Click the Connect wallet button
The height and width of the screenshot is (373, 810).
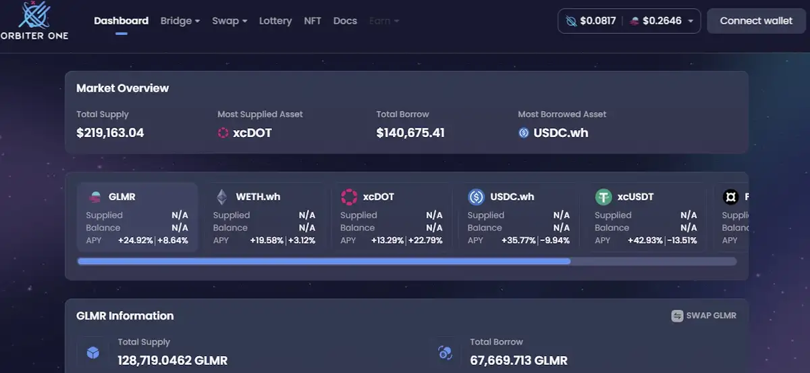[x=756, y=21]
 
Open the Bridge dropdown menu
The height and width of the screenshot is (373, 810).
[x=180, y=21]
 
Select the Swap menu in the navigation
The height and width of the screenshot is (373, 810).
[x=230, y=21]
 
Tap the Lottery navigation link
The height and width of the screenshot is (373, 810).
[x=275, y=21]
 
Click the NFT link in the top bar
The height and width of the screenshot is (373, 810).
[x=313, y=21]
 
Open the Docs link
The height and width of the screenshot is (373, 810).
[x=345, y=21]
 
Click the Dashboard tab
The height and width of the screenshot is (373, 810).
[x=121, y=21]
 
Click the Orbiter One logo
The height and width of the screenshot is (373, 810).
[x=34, y=20]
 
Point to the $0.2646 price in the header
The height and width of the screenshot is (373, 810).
[x=661, y=21]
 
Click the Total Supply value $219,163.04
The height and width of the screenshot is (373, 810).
[x=110, y=132]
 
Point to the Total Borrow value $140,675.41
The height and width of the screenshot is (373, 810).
[x=410, y=132]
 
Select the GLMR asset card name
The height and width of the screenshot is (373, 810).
[x=122, y=197]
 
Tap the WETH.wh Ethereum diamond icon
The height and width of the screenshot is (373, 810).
[x=221, y=197]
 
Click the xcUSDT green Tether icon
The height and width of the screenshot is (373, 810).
[x=603, y=197]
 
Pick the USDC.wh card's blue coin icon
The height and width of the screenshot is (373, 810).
[x=477, y=197]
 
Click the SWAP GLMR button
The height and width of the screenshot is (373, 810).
[x=703, y=316]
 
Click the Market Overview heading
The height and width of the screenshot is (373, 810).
[x=122, y=88]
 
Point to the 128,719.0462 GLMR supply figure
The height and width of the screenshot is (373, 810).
[x=172, y=360]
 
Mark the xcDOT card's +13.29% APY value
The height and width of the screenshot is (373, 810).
[x=387, y=240]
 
